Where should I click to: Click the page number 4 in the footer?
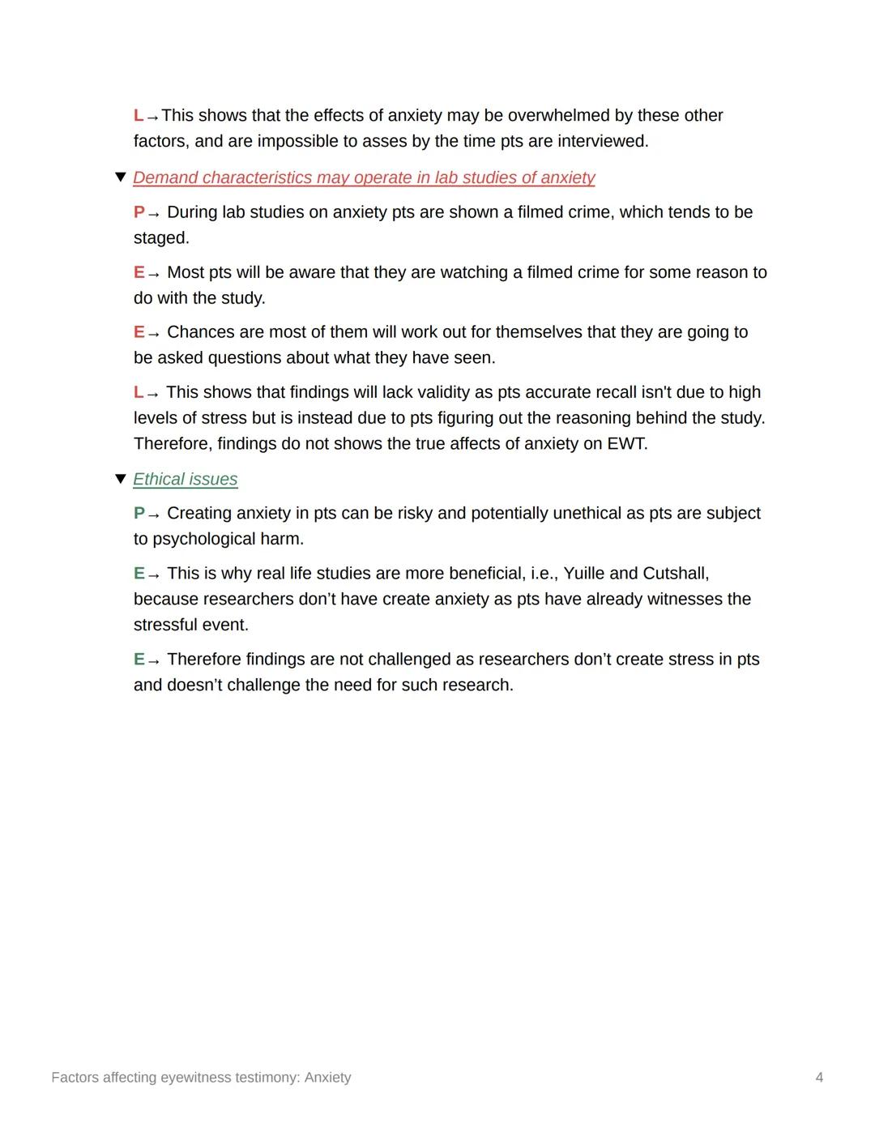[819, 1078]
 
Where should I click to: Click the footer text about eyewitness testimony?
[201, 1078]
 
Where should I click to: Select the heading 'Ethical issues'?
[185, 480]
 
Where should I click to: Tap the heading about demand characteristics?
[364, 178]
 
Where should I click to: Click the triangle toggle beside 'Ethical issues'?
[121, 479]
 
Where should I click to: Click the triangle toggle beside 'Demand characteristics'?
[121, 177]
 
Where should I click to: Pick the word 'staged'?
[160, 238]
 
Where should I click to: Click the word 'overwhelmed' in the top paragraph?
[558, 116]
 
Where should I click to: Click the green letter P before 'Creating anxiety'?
[139, 514]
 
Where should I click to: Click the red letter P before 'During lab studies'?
[139, 212]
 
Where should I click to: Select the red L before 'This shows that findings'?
[138, 392]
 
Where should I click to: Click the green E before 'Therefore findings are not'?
[139, 660]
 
